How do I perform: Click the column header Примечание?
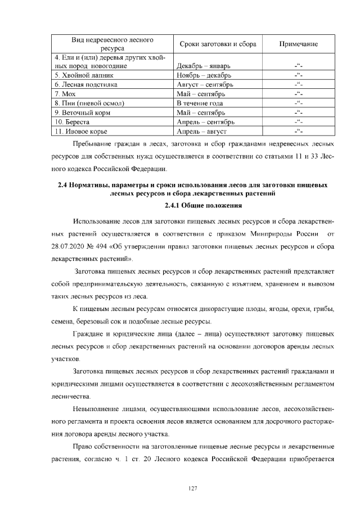pyautogui.click(x=299, y=44)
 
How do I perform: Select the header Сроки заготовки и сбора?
pyautogui.click(x=217, y=44)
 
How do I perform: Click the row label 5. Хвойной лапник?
pyautogui.click(x=84, y=75)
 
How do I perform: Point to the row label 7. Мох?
pyautogui.click(x=65, y=93)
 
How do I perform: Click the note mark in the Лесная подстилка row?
pyautogui.click(x=299, y=84)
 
